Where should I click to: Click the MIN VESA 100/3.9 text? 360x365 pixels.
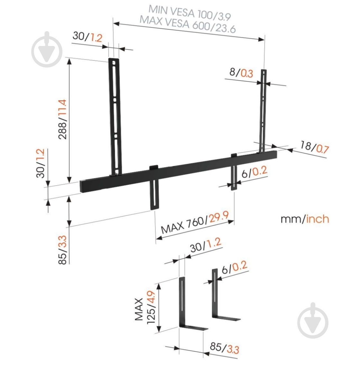[189, 13]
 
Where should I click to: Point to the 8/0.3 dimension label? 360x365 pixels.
[241, 73]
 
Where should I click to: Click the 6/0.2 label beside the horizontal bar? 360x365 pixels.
[254, 173]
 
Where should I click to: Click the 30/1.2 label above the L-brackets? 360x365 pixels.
[206, 245]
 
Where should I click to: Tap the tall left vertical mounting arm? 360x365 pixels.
[114, 116]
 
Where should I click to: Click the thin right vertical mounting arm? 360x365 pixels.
[263, 109]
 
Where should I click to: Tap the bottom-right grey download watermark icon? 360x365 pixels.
[312, 320]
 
